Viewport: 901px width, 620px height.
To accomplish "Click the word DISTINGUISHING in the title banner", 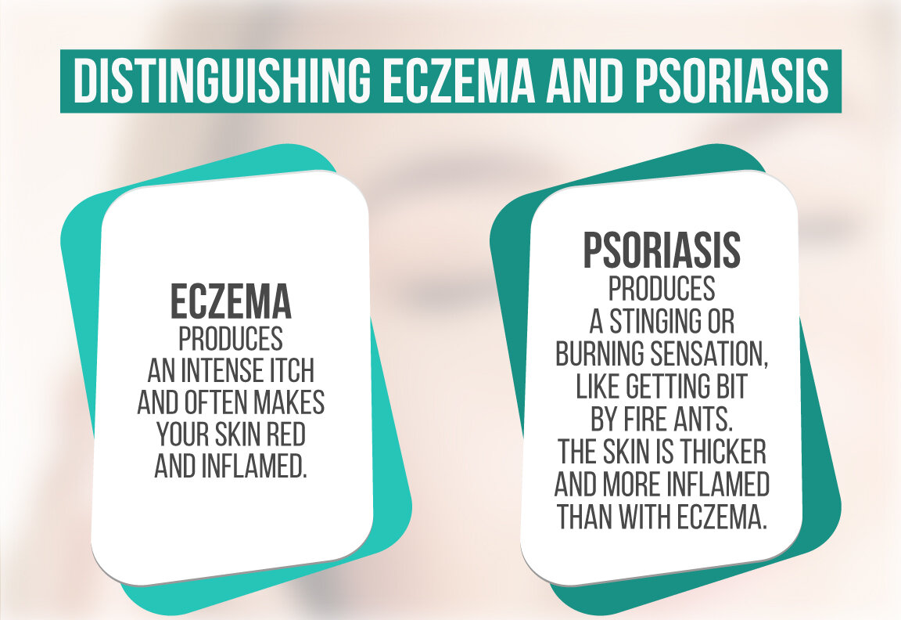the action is [x=222, y=81].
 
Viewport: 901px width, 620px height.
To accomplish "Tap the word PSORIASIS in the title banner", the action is [x=731, y=81].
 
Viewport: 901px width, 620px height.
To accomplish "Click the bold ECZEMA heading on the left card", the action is [x=231, y=301].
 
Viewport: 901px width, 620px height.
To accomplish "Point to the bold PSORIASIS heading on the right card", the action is [x=662, y=251].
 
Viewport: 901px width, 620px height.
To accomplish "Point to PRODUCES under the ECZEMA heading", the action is [x=231, y=339].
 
